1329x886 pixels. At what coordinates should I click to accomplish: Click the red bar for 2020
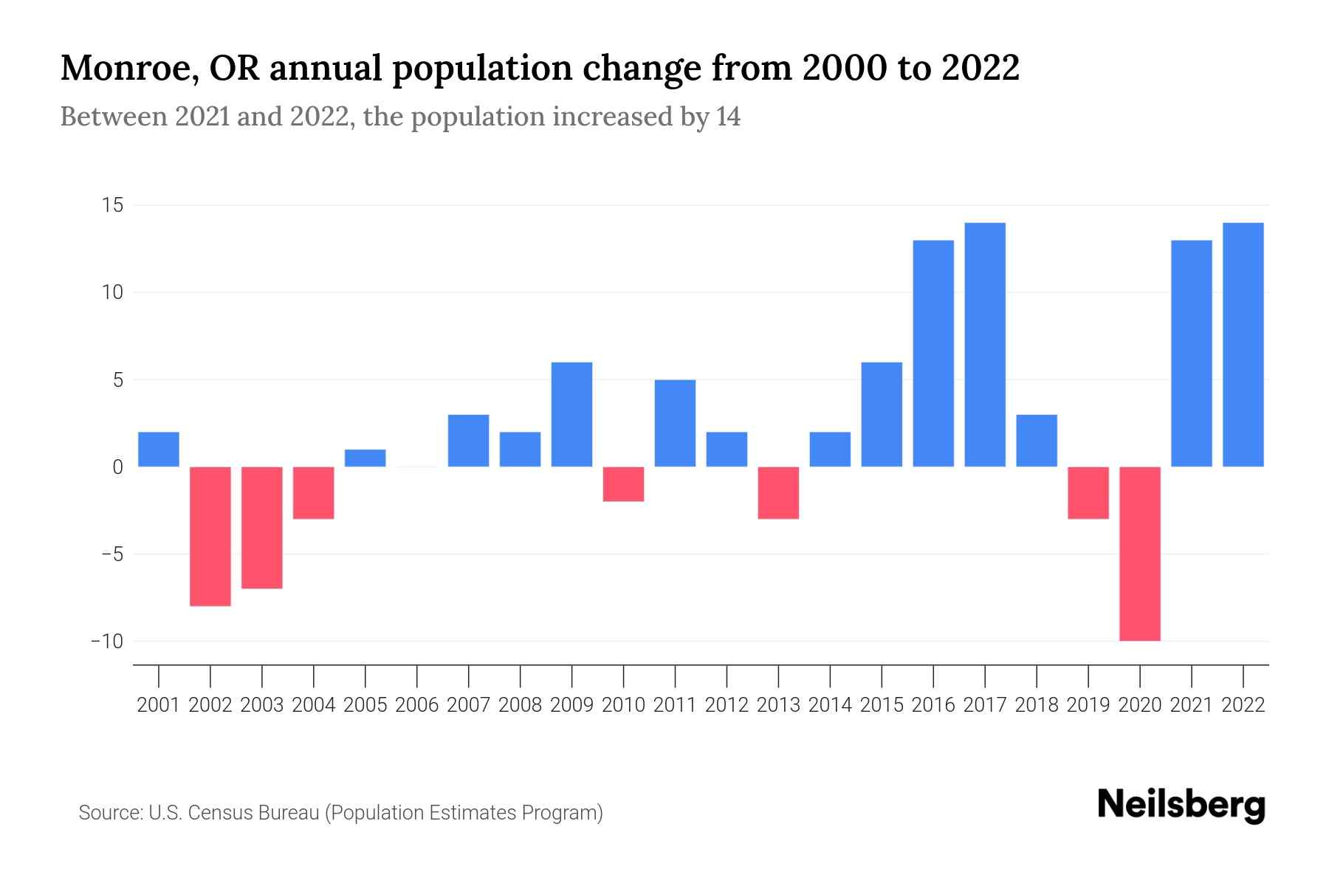(x=1140, y=554)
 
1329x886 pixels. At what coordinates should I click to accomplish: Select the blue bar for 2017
(x=985, y=345)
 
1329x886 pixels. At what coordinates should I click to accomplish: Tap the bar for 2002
(x=210, y=536)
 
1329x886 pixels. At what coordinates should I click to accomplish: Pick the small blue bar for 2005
(x=365, y=459)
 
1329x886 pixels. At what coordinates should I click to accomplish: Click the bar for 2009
(x=572, y=414)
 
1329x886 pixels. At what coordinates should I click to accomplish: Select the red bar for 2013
(x=778, y=492)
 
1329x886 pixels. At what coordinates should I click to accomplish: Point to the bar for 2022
(x=1243, y=345)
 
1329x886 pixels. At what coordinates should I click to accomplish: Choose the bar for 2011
(x=675, y=423)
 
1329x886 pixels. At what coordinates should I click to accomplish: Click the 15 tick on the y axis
(x=112, y=205)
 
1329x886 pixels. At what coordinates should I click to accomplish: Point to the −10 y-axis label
(x=106, y=641)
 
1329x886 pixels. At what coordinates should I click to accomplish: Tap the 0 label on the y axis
(x=118, y=467)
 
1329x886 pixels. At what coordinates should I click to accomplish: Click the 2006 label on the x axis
(x=417, y=705)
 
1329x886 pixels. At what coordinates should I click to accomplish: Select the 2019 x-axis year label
(x=1088, y=705)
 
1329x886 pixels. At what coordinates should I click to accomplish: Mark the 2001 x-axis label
(x=159, y=705)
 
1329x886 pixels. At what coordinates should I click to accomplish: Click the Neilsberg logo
(x=1181, y=805)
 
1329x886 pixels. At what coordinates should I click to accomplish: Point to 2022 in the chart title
(x=981, y=69)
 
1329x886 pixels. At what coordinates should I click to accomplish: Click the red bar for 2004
(x=314, y=492)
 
